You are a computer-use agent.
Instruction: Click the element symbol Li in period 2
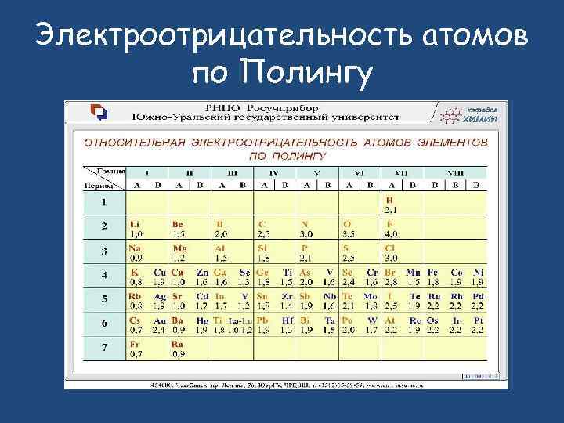pos(135,224)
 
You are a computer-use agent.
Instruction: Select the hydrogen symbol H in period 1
pos(389,201)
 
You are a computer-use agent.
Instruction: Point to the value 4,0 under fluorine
pos(391,233)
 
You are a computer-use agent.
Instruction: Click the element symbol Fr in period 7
pos(135,345)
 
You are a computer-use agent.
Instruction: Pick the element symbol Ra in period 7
pos(178,345)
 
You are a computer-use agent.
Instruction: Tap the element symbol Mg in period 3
pos(180,248)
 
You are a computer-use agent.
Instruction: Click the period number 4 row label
pos(103,277)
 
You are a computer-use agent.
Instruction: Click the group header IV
pos(273,172)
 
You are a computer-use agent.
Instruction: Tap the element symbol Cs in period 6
pos(135,320)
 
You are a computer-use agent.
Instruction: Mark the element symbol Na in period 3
pos(136,248)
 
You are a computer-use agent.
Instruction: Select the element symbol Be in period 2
pos(178,224)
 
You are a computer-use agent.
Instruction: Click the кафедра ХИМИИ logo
pos(468,114)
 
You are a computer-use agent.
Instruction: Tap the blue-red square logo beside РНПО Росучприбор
pos(99,112)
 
